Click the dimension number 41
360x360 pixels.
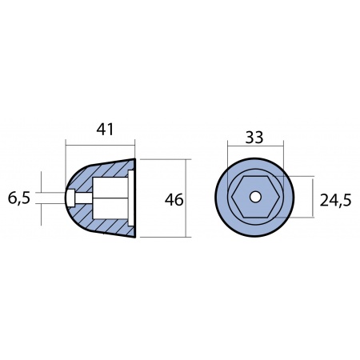(x=100, y=129)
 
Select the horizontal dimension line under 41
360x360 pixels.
(x=100, y=146)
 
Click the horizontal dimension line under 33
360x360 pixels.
(x=255, y=146)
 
